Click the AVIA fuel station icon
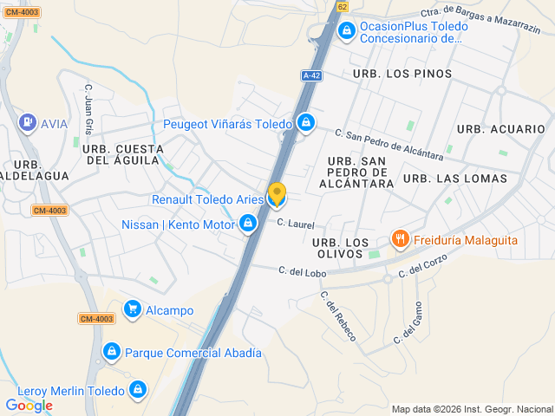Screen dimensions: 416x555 tap(27, 123)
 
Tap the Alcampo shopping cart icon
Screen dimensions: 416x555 tap(133, 309)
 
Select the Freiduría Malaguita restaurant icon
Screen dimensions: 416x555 tap(400, 238)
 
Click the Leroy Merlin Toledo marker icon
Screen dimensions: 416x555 tap(137, 391)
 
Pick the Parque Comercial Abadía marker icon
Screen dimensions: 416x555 tap(111, 352)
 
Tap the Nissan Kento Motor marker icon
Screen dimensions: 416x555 tap(249, 224)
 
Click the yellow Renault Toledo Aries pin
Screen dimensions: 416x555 tap(277, 195)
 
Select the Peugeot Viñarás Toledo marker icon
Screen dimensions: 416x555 tap(306, 124)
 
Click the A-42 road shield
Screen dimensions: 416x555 tap(312, 75)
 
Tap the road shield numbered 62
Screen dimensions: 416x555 tap(342, 6)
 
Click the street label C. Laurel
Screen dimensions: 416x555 tap(296, 224)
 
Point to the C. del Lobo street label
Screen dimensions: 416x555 tap(302, 271)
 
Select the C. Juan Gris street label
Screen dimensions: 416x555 tap(88, 109)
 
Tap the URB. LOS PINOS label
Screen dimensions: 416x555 tap(402, 74)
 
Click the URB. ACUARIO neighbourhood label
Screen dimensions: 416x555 tap(501, 129)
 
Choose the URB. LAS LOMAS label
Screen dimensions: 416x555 tap(455, 179)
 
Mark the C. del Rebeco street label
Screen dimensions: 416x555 tap(338, 315)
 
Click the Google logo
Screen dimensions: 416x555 tap(29, 405)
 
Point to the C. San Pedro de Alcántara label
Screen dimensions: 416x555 tap(389, 146)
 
